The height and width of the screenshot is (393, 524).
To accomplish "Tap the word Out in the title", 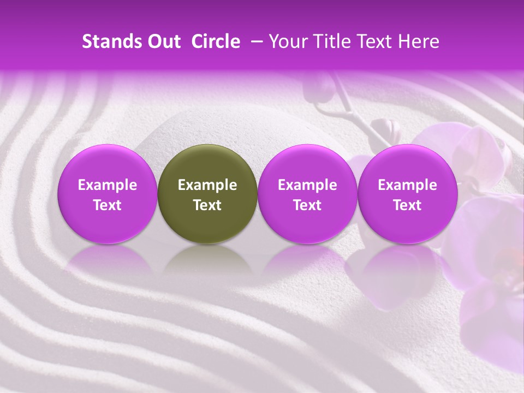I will pos(163,41).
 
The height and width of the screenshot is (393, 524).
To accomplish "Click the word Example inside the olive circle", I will pos(207,185).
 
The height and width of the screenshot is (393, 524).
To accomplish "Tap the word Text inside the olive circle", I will pos(207,205).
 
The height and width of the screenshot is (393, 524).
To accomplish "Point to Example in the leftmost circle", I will pos(108,185).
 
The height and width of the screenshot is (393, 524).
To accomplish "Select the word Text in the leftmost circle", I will pos(108,205).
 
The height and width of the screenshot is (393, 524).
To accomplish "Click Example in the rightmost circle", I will pos(407,185).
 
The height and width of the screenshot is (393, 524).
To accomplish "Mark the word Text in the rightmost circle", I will pos(407,205).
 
